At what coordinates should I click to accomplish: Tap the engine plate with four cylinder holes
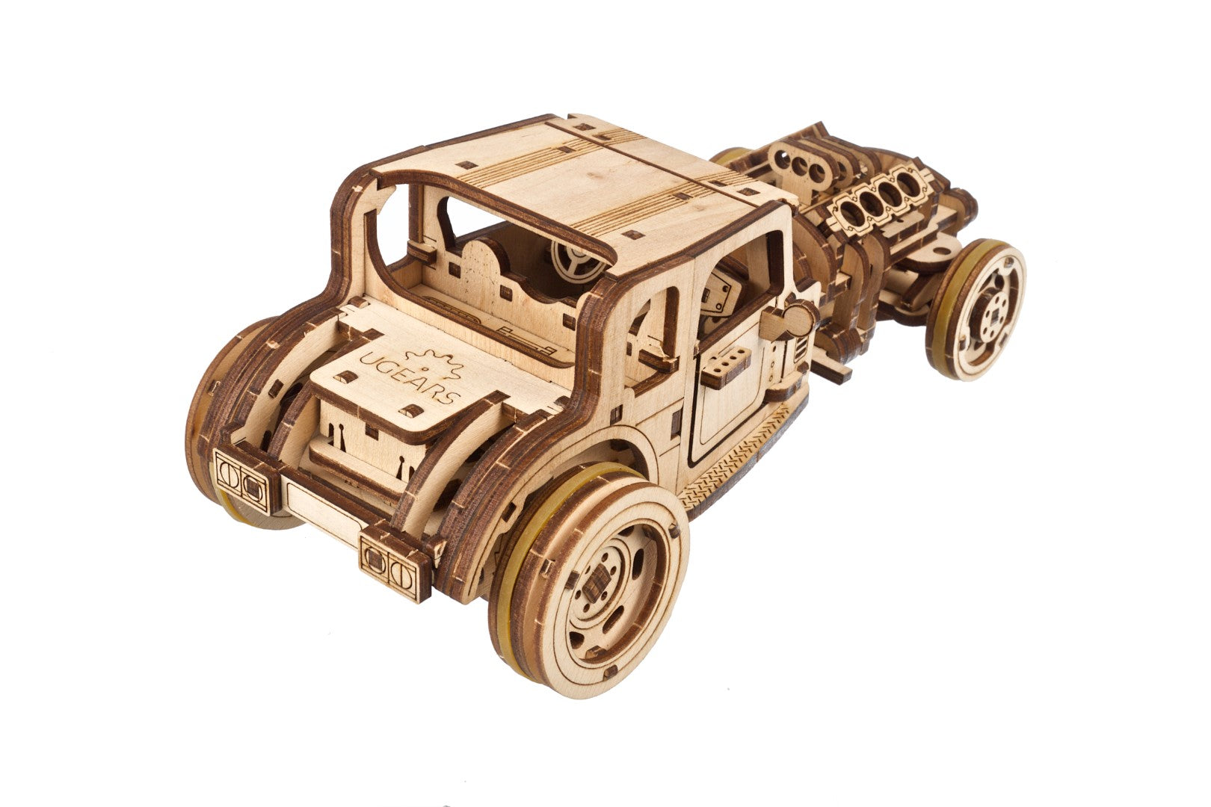coord(875,204)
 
